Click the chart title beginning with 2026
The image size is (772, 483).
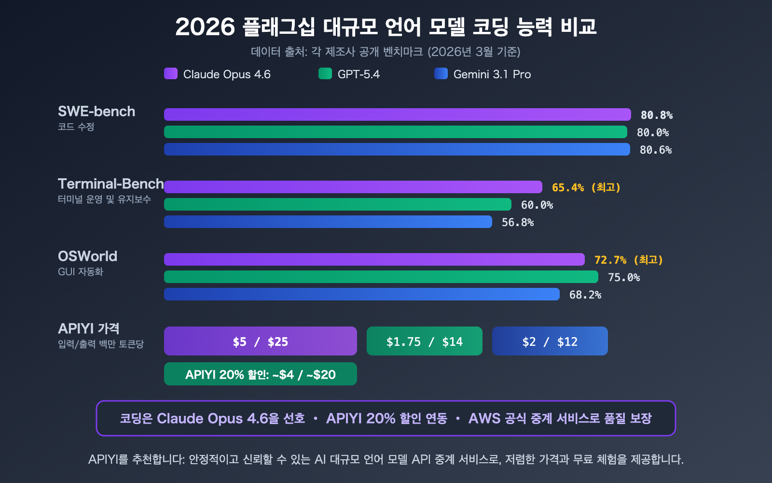point(386,27)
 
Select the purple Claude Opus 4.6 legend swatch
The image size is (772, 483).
point(171,73)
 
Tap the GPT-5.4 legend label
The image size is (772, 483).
point(358,74)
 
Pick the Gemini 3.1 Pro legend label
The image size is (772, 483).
point(492,74)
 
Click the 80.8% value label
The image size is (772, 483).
point(656,115)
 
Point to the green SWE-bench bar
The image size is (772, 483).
point(396,132)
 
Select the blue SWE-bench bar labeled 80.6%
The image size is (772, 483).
point(397,149)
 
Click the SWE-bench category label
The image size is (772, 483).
point(96,112)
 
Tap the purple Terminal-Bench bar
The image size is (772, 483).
point(353,187)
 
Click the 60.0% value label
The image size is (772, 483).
point(537,205)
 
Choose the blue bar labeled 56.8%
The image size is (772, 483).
point(328,222)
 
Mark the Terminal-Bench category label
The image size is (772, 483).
point(110,184)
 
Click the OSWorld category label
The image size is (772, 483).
point(87,256)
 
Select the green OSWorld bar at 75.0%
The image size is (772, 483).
point(381,277)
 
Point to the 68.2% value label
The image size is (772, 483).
point(585,295)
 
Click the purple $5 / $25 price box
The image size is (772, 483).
point(261,341)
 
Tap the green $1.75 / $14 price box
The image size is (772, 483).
point(425,341)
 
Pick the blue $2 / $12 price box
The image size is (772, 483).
point(550,341)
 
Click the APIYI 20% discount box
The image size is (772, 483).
point(261,374)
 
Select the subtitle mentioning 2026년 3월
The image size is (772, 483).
point(386,52)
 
